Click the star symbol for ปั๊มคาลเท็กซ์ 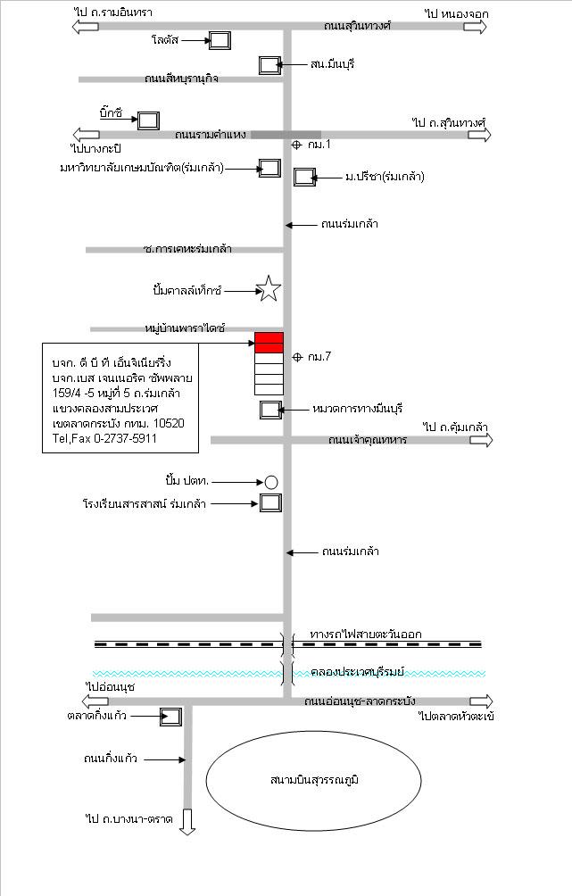pyautogui.click(x=268, y=288)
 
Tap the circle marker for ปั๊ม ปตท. pyautogui.click(x=271, y=482)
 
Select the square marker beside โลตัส pyautogui.click(x=220, y=40)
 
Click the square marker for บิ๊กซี pyautogui.click(x=148, y=120)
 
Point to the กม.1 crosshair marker pyautogui.click(x=296, y=145)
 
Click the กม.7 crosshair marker pyautogui.click(x=297, y=357)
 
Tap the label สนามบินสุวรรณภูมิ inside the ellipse pyautogui.click(x=314, y=779)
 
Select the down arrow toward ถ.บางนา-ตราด pyautogui.click(x=187, y=822)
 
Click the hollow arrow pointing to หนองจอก pyautogui.click(x=475, y=27)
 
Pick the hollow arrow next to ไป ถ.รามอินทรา pyautogui.click(x=85, y=26)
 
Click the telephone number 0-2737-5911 pyautogui.click(x=125, y=439)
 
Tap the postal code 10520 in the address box pyautogui.click(x=169, y=423)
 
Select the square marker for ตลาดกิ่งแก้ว pyautogui.click(x=170, y=717)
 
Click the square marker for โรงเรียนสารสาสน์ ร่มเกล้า pyautogui.click(x=271, y=502)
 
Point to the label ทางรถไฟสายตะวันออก pyautogui.click(x=366, y=635)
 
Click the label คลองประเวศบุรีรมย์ pyautogui.click(x=357, y=672)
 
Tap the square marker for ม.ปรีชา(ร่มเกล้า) pyautogui.click(x=304, y=177)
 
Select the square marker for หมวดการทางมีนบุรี pyautogui.click(x=271, y=410)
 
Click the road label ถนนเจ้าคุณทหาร pyautogui.click(x=368, y=440)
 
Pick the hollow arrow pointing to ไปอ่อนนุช pyautogui.click(x=95, y=701)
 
